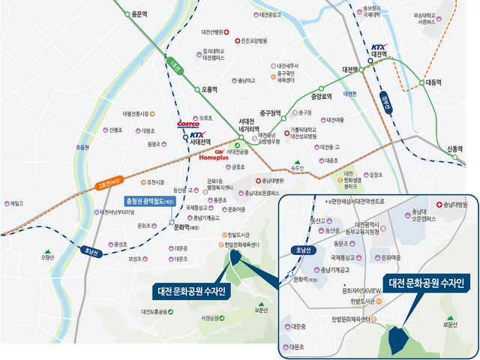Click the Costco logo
coord(188,124)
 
